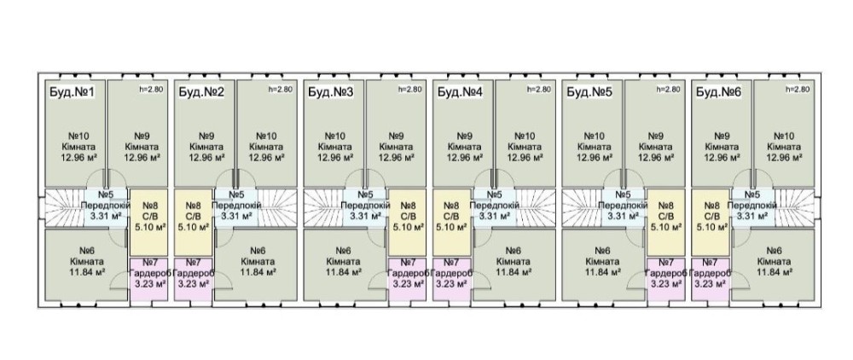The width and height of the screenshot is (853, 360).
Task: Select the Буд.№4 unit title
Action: pyautogui.click(x=461, y=92)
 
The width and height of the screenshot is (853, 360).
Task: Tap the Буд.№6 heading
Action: pyautogui.click(x=718, y=92)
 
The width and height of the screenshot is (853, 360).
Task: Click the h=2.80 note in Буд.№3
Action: pyautogui.click(x=409, y=90)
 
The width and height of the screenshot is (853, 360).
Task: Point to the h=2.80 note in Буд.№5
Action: pyautogui.click(x=669, y=90)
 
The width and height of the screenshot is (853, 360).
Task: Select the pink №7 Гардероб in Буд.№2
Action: pyautogui.click(x=194, y=278)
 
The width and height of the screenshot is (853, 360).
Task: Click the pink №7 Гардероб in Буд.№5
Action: pyautogui.click(x=666, y=278)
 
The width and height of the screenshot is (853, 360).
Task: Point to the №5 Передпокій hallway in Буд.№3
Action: pyautogui.click(x=365, y=206)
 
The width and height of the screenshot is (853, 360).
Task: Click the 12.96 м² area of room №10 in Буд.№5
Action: pyautogui.click(x=594, y=157)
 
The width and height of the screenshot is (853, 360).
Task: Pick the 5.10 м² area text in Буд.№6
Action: pyautogui.click(x=711, y=228)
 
